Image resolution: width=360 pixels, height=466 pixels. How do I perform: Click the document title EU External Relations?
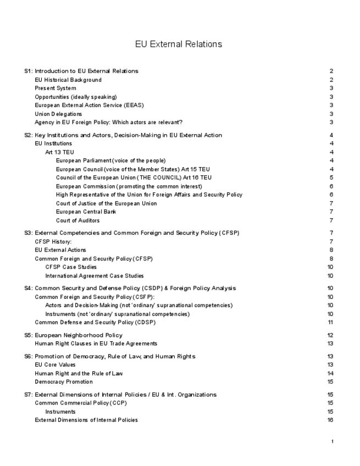179,44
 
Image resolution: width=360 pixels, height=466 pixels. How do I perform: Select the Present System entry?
56,88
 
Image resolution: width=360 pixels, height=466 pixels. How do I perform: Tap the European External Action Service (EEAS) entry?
89,105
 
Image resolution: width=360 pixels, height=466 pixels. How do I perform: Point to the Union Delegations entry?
58,114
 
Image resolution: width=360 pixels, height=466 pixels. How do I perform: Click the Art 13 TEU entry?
59,152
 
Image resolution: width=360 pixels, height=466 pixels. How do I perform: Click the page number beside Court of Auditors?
331,220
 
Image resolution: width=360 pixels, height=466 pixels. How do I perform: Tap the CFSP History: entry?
53,241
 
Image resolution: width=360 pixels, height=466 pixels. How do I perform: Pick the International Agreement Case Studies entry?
95,276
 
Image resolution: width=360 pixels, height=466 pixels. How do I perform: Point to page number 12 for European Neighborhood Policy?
330,335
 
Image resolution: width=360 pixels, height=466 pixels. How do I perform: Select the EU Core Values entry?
56,365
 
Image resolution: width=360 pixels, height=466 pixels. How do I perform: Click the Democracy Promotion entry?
64,382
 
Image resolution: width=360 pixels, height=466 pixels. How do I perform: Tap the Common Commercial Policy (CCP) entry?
80,403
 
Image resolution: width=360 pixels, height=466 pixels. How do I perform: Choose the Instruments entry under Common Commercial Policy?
60,412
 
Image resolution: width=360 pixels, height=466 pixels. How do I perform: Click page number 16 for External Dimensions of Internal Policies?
330,420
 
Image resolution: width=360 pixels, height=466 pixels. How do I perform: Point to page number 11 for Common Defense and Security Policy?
330,322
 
